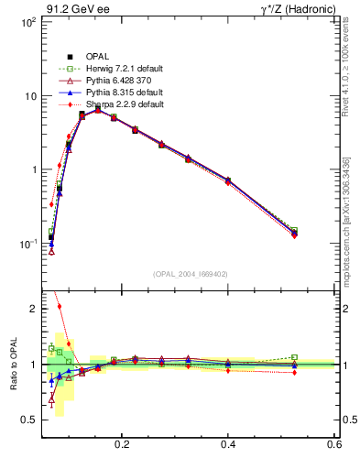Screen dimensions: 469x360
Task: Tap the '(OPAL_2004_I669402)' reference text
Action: pos(191,273)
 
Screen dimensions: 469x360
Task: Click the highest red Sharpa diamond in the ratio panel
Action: pos(60,307)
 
